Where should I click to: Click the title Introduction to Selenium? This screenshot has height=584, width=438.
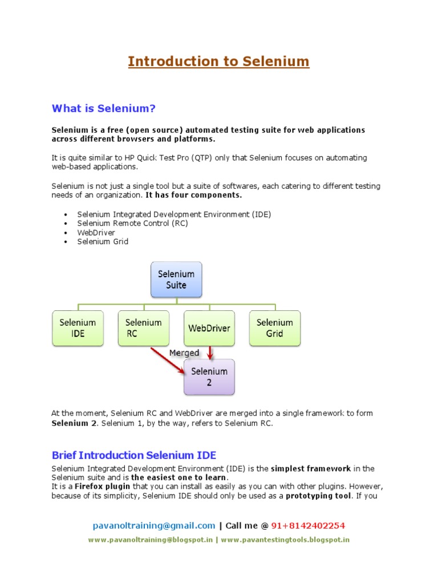coord(218,61)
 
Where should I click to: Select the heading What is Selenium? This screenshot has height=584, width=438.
coord(103,108)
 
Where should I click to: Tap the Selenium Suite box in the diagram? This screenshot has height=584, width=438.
coord(176,279)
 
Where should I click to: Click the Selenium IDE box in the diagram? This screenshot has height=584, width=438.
coord(78,328)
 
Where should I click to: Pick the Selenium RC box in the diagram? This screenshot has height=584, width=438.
coord(144,328)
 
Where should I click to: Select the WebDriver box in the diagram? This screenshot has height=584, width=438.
coord(209,328)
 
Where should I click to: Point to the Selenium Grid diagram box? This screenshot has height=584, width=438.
coord(274,328)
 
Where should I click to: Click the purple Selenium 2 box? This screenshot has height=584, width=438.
coord(209,377)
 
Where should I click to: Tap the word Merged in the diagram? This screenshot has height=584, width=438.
coord(184,353)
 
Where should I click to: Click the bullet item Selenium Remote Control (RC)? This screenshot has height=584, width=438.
coord(132,223)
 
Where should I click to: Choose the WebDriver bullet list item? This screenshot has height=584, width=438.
coord(96,232)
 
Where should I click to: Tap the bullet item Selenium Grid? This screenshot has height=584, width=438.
coord(103,241)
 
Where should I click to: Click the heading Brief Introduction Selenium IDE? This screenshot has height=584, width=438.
coord(134,455)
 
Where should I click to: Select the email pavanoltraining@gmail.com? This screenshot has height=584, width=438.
coord(154,525)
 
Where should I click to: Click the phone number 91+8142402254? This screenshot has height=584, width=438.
coord(308,525)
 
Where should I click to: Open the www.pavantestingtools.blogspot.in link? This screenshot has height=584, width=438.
coord(285,540)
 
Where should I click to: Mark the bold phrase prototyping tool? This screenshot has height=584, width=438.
coord(319,496)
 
